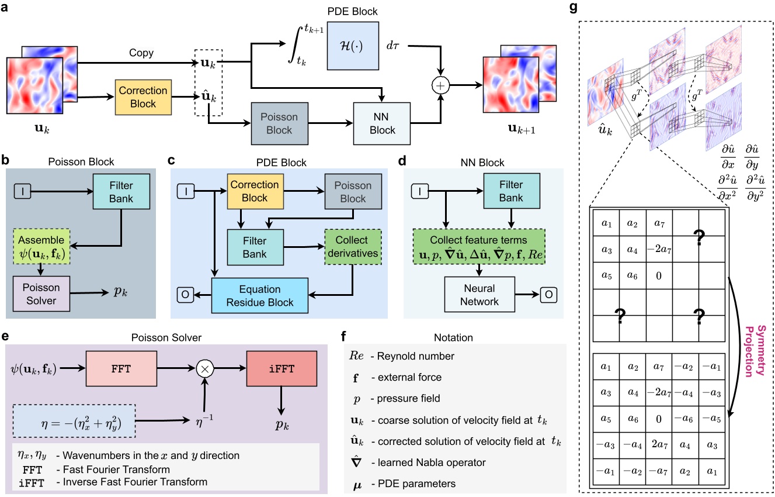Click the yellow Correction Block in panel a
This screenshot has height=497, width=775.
click(x=143, y=97)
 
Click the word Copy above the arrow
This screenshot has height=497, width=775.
click(x=142, y=53)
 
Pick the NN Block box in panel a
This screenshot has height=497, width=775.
click(x=382, y=124)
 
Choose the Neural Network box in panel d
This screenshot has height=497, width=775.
click(x=479, y=295)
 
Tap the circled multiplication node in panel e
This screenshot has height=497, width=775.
click(x=204, y=369)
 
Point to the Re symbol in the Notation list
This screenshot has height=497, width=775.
click(x=356, y=356)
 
